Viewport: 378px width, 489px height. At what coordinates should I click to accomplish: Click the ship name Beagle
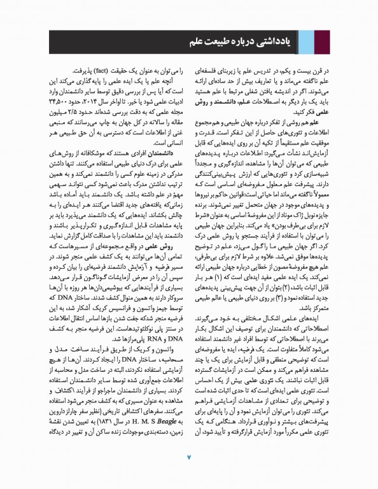(x=99, y=423)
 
